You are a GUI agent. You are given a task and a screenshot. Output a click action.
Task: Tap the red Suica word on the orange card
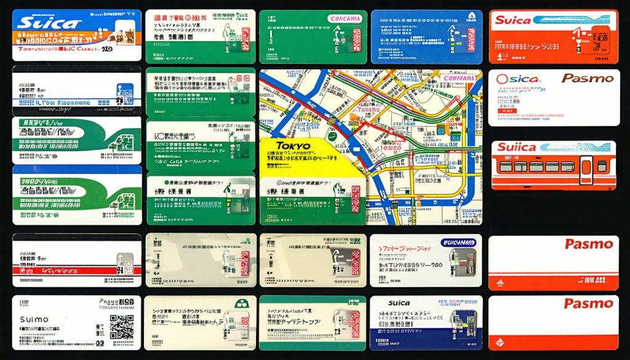512,20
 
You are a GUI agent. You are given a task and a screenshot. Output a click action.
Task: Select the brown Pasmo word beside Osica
588,78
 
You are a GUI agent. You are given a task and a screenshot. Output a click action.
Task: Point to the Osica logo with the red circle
517,79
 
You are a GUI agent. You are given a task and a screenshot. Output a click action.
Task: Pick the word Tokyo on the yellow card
293,146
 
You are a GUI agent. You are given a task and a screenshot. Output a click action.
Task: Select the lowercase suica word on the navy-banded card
399,303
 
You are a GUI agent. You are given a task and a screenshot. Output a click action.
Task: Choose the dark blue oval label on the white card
457,242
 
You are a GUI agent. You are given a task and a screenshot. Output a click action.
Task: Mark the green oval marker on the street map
332,136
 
